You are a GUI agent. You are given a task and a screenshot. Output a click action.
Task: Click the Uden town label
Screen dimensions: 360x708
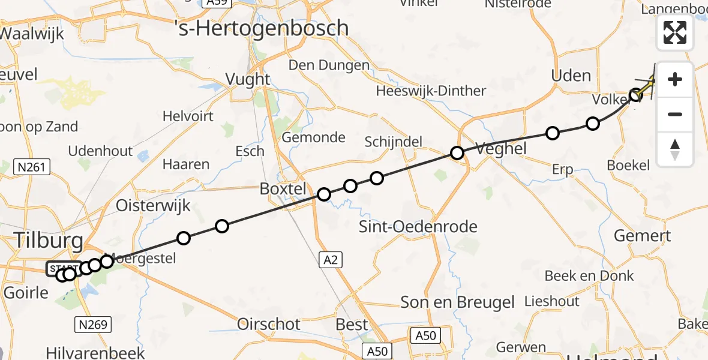[571, 76]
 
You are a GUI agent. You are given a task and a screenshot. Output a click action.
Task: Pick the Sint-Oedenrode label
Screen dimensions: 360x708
[418, 227]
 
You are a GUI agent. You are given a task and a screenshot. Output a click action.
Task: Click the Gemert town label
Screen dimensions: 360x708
[642, 235]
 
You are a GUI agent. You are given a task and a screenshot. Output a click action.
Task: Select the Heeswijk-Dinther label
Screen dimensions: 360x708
[431, 91]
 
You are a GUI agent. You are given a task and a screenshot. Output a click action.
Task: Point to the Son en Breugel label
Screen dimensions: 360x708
[457, 302]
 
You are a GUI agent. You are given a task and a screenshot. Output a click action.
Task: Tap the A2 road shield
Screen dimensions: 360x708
[332, 260]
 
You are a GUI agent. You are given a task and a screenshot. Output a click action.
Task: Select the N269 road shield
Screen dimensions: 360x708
[93, 325]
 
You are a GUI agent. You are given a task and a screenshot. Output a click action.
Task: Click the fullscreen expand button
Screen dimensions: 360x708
[675, 32]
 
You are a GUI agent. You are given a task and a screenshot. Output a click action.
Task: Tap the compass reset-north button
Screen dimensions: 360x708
[675, 149]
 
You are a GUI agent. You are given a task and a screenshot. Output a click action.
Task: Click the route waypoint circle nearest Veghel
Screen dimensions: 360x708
[457, 153]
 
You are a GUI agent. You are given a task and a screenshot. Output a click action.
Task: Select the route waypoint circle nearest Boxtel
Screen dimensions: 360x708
[324, 194]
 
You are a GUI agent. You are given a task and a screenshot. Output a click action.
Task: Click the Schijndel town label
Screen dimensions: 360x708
[394, 142]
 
